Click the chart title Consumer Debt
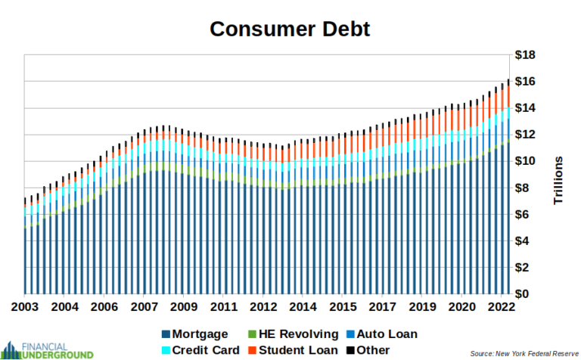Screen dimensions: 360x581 point(290,29)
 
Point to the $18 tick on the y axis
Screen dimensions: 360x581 point(526,55)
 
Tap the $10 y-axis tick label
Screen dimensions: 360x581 point(526,161)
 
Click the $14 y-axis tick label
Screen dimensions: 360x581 point(526,108)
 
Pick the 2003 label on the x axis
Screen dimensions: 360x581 point(25,308)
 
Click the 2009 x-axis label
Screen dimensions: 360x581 point(183,308)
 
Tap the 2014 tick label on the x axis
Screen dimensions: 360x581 point(303,308)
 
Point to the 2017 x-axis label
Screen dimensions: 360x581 point(382,308)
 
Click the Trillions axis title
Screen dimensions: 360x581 point(558,180)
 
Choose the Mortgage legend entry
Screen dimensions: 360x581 point(196,334)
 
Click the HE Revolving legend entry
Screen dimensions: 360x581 point(294,334)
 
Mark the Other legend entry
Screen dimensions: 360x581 point(368,350)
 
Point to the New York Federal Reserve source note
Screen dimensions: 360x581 point(523,353)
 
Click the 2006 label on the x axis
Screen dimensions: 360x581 point(104,308)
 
